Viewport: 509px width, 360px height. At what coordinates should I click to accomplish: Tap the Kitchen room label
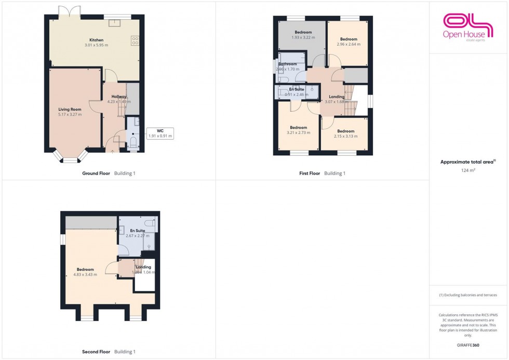tap(96, 40)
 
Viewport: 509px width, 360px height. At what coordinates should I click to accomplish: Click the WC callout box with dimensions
tap(160, 134)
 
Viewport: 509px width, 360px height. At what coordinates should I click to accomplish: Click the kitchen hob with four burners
tap(135, 40)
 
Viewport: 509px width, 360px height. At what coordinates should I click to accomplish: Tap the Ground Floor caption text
tap(96, 174)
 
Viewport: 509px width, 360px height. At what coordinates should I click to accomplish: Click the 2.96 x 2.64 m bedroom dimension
tap(349, 44)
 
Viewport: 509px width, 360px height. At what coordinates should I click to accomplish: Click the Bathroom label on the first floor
tap(287, 64)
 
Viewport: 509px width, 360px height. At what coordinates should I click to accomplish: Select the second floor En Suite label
tap(137, 230)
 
